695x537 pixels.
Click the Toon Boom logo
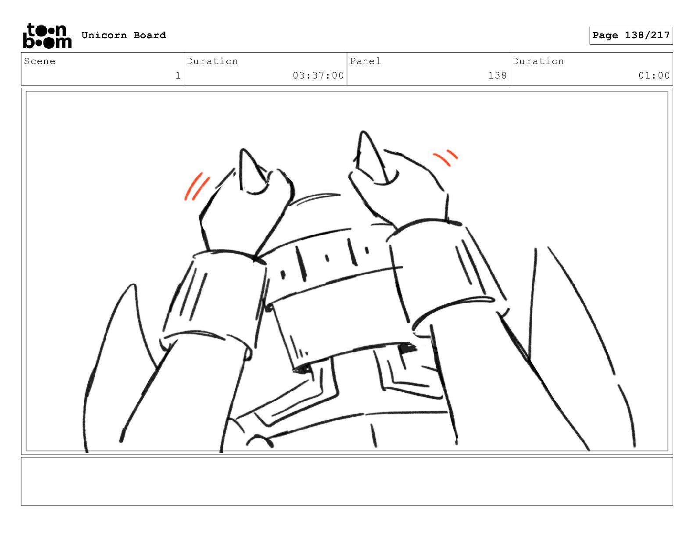[47, 36]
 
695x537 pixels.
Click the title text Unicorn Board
[124, 35]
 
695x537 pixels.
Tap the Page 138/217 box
[631, 36]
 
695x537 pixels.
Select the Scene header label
[39, 61]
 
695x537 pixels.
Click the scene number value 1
[178, 75]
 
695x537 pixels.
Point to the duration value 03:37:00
[318, 75]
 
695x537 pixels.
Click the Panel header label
[365, 61]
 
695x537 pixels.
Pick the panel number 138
[498, 75]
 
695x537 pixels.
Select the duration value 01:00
[654, 75]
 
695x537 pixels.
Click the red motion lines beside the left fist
[197, 187]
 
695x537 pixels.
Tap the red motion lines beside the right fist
[445, 158]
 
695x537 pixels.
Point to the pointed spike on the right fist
[375, 158]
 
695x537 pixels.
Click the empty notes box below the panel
[347, 481]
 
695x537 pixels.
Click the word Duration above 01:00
[538, 61]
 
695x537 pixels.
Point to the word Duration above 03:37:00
[212, 61]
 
